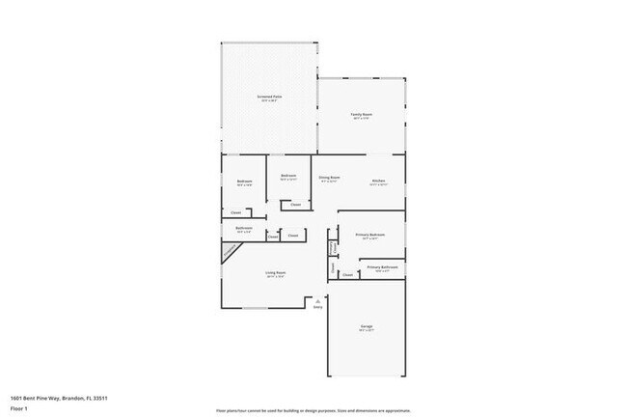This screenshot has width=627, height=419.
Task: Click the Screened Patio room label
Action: pyautogui.click(x=269, y=97)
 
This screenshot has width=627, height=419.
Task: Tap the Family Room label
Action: pyautogui.click(x=361, y=115)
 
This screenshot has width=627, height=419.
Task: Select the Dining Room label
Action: pyautogui.click(x=329, y=177)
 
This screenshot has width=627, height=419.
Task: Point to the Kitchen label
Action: pyautogui.click(x=379, y=181)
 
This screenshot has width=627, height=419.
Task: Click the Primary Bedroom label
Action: pyautogui.click(x=370, y=235)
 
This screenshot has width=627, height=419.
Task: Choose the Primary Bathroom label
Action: pyautogui.click(x=382, y=266)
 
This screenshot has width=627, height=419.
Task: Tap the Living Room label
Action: pyautogui.click(x=276, y=272)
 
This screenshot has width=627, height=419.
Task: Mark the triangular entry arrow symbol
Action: pyautogui.click(x=317, y=301)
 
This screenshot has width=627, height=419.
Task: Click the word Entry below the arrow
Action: pyautogui.click(x=317, y=309)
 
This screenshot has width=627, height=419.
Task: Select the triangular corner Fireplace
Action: pyautogui.click(x=230, y=251)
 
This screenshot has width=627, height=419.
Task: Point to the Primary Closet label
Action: pyautogui.click(x=333, y=247)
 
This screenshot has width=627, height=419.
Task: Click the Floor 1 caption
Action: pyautogui.click(x=20, y=407)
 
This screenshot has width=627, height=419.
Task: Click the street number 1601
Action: pyautogui.click(x=17, y=398)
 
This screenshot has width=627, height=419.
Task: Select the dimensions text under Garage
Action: pyautogui.click(x=368, y=332)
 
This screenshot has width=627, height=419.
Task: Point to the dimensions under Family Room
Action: pyautogui.click(x=361, y=120)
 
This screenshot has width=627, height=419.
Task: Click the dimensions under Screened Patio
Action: pyautogui.click(x=269, y=101)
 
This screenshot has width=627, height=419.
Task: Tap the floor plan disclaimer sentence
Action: pyautogui.click(x=313, y=409)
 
